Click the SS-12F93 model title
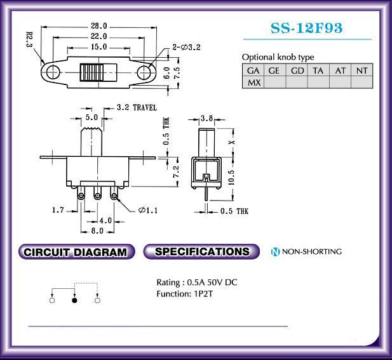(x=306, y=28)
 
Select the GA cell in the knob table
(x=253, y=70)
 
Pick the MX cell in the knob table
(x=253, y=83)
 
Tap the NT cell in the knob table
(x=362, y=70)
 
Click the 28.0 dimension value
(x=98, y=26)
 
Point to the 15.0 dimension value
(x=98, y=47)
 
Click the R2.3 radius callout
(x=29, y=39)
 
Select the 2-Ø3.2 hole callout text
(x=187, y=47)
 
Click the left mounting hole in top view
(x=53, y=72)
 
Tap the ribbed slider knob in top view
(x=91, y=72)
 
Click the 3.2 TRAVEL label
(x=137, y=108)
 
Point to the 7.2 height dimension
(x=176, y=171)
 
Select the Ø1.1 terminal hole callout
(x=148, y=211)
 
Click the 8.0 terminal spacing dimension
(x=97, y=231)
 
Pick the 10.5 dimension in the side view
(x=231, y=178)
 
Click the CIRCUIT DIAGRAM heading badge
(x=77, y=251)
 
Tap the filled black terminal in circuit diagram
(x=74, y=300)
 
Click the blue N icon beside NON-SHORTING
(x=275, y=251)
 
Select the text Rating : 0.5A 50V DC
(x=197, y=283)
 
